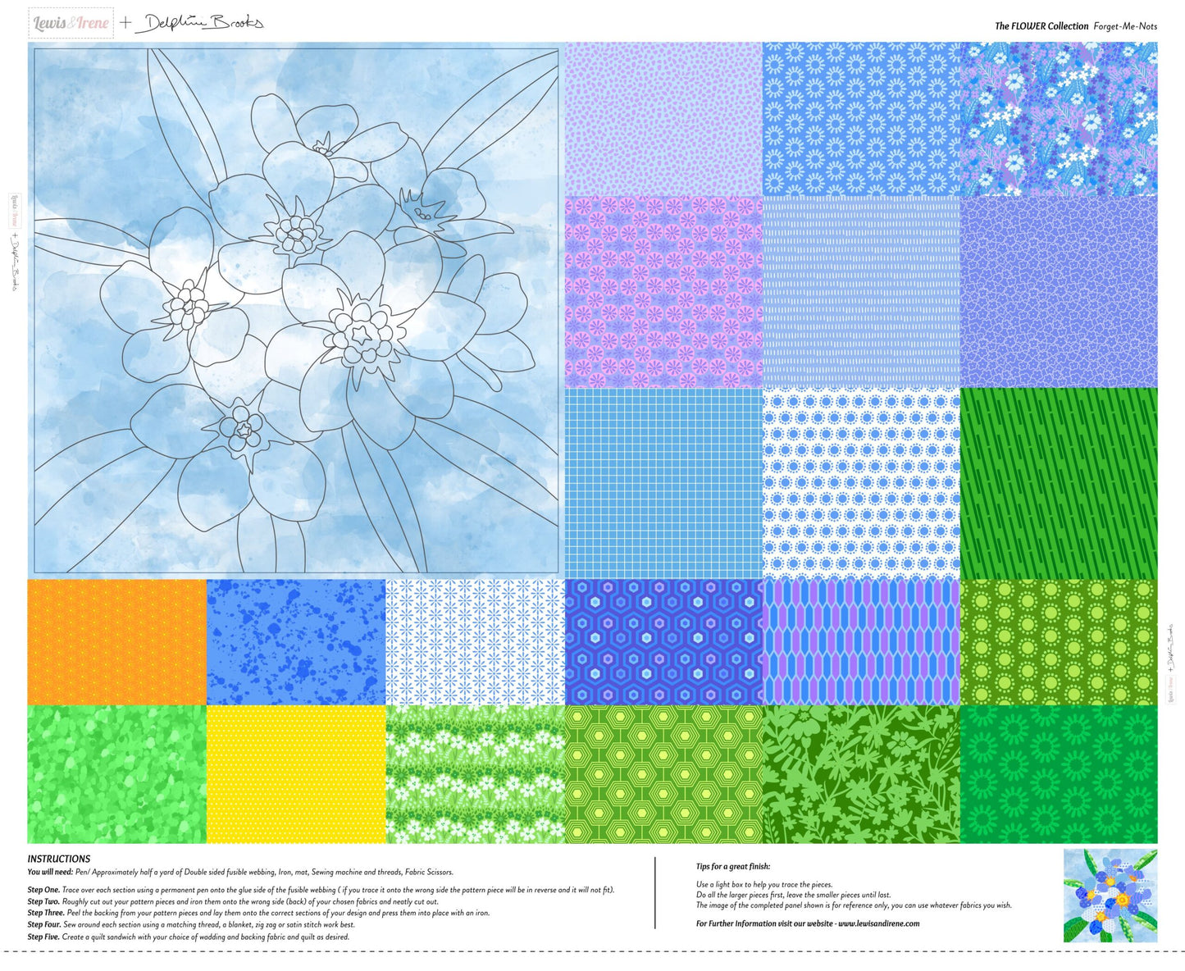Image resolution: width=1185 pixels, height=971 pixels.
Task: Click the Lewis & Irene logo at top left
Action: click(x=71, y=23)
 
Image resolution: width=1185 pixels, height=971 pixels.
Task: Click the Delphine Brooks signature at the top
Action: click(x=200, y=23)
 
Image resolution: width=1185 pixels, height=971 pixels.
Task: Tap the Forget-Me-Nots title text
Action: click(x=1125, y=26)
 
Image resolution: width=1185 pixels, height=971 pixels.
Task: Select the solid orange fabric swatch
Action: click(x=116, y=642)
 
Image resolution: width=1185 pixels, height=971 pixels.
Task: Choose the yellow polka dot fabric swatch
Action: click(x=295, y=773)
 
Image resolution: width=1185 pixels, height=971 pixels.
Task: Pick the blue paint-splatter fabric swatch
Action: click(x=295, y=642)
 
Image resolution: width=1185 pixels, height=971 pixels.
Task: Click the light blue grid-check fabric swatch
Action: click(x=663, y=483)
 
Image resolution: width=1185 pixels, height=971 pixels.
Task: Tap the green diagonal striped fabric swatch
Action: click(x=1059, y=483)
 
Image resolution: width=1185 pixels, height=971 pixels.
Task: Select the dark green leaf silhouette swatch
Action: click(x=860, y=773)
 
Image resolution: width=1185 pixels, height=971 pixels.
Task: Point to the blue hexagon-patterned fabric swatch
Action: click(x=663, y=642)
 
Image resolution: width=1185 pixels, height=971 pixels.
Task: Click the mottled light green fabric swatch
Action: click(x=116, y=773)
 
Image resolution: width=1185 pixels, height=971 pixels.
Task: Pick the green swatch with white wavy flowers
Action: click(x=475, y=773)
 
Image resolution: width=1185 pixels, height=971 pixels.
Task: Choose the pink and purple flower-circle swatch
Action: click(x=663, y=291)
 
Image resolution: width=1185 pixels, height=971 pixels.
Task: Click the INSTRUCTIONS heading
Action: click(x=59, y=859)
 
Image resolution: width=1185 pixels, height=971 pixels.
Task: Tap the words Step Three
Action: click(x=46, y=913)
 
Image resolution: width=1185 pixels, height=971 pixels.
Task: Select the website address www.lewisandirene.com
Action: click(x=878, y=923)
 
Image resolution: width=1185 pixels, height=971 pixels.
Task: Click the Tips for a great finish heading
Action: click(x=733, y=866)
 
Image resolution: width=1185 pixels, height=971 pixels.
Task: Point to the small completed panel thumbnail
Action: click(x=1110, y=895)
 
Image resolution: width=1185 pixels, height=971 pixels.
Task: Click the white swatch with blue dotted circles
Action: click(x=860, y=483)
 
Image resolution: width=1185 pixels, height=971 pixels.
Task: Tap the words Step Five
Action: click(x=43, y=937)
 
